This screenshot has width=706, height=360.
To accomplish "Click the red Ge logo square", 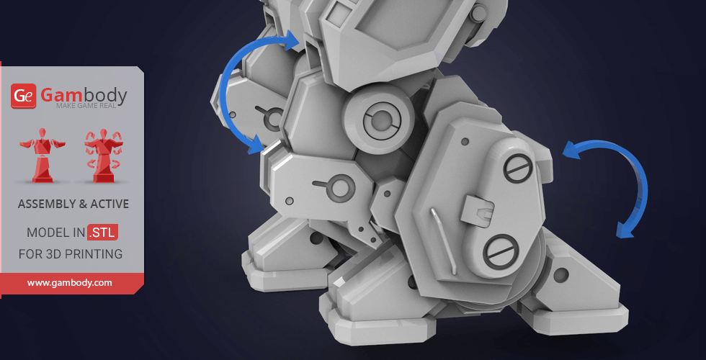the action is point(23,96).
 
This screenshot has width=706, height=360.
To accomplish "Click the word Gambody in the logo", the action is point(84,95).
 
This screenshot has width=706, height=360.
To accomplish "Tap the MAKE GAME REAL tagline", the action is point(86,106).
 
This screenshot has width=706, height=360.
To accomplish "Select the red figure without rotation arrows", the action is point(43,155).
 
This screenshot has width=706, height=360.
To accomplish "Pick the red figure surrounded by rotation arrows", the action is point(103,156).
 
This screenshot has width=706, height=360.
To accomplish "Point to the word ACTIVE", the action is point(110,204).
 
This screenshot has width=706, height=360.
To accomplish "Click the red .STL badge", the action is point(102,232).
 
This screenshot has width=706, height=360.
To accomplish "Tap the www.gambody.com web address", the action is point(69,283).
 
